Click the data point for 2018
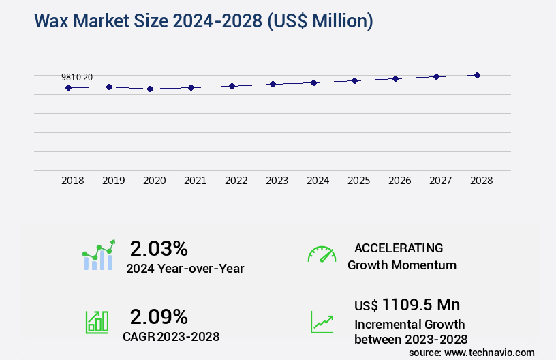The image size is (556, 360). tap(68, 87)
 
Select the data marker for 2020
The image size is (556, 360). tap(150, 89)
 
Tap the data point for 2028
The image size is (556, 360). tap(477, 75)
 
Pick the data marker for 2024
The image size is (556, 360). tap(313, 82)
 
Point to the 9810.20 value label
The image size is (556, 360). tap(77, 78)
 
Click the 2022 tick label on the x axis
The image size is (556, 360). tap(236, 181)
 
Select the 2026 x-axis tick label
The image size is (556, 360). tap(399, 181)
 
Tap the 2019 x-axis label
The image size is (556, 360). tap(113, 181)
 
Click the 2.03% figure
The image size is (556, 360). tap(159, 247)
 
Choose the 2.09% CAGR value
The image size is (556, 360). tap(159, 316)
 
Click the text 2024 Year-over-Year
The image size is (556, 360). tap(185, 269)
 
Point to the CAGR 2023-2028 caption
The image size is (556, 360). tap(171, 336)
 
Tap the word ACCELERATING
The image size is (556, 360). tap(399, 248)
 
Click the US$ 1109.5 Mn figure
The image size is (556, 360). tap(407, 304)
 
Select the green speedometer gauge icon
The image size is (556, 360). tap(322, 254)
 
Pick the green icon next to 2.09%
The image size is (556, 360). tap(97, 322)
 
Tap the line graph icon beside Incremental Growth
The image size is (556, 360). tap(322, 322)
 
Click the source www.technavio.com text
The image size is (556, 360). tap(472, 352)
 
